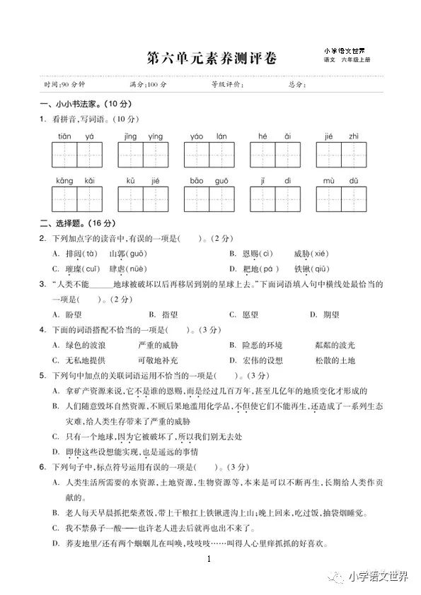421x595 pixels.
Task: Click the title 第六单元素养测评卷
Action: point(210,58)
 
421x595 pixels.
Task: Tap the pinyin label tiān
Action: point(65,136)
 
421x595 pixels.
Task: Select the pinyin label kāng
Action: point(65,181)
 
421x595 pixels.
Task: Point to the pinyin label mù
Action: point(330,181)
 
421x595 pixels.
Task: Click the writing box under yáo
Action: point(197,155)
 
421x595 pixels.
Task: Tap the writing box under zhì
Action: point(354,155)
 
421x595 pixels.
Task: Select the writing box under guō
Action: point(222,199)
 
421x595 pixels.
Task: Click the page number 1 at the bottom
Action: point(210,560)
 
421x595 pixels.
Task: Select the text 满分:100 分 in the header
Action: point(148,85)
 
